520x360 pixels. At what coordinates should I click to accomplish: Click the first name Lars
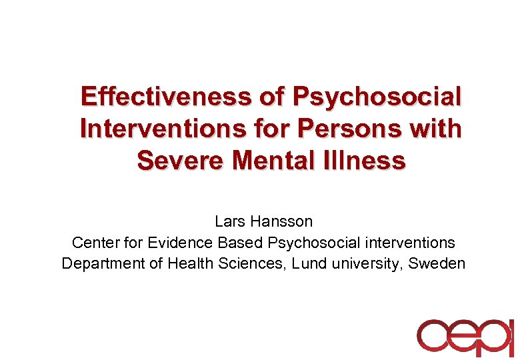click(229, 221)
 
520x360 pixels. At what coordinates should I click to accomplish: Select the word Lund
click(309, 263)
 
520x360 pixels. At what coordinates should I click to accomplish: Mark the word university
click(367, 263)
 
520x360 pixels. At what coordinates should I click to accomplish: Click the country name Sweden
click(437, 263)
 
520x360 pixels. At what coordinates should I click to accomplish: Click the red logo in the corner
click(465, 337)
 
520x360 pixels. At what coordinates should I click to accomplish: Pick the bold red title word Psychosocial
click(377, 97)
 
